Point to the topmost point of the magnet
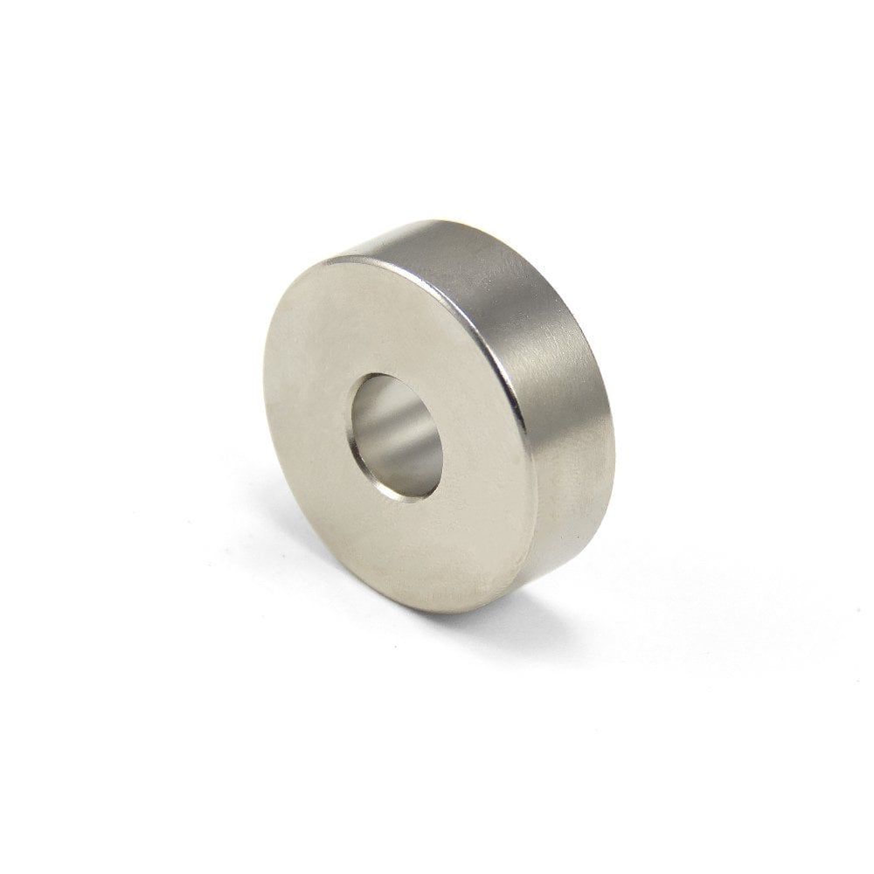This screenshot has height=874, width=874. point(420,219)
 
